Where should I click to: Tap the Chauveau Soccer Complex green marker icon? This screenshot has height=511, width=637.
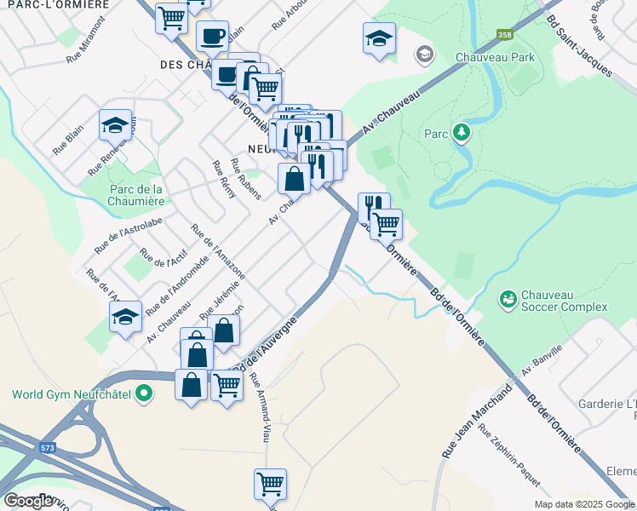pyautogui.click(x=508, y=299)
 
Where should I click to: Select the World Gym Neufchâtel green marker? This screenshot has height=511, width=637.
pyautogui.click(x=144, y=394)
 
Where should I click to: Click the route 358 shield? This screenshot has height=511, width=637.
pyautogui.click(x=504, y=35)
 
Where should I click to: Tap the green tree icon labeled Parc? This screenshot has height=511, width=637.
pyautogui.click(x=461, y=133)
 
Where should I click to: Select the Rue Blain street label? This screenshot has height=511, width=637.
pyautogui.click(x=67, y=140)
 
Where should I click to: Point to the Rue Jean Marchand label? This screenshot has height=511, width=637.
pyautogui.click(x=476, y=422)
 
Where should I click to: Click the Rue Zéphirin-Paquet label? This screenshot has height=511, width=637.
pyautogui.click(x=508, y=456)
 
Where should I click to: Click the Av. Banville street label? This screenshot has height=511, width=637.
pyautogui.click(x=542, y=361)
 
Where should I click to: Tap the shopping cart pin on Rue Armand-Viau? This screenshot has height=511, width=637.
pyautogui.click(x=270, y=484)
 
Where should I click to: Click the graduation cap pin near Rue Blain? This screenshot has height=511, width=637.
pyautogui.click(x=115, y=126)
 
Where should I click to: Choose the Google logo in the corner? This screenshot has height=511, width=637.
pyautogui.click(x=29, y=501)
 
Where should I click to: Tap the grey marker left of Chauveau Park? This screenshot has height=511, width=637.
pyautogui.click(x=424, y=55)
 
